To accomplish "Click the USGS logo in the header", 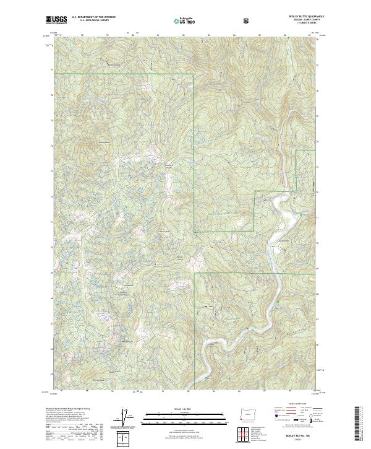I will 56,20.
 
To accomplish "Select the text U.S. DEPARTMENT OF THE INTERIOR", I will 93,18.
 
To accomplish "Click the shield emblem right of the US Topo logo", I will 247,20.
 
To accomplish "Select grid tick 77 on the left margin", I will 51,69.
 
